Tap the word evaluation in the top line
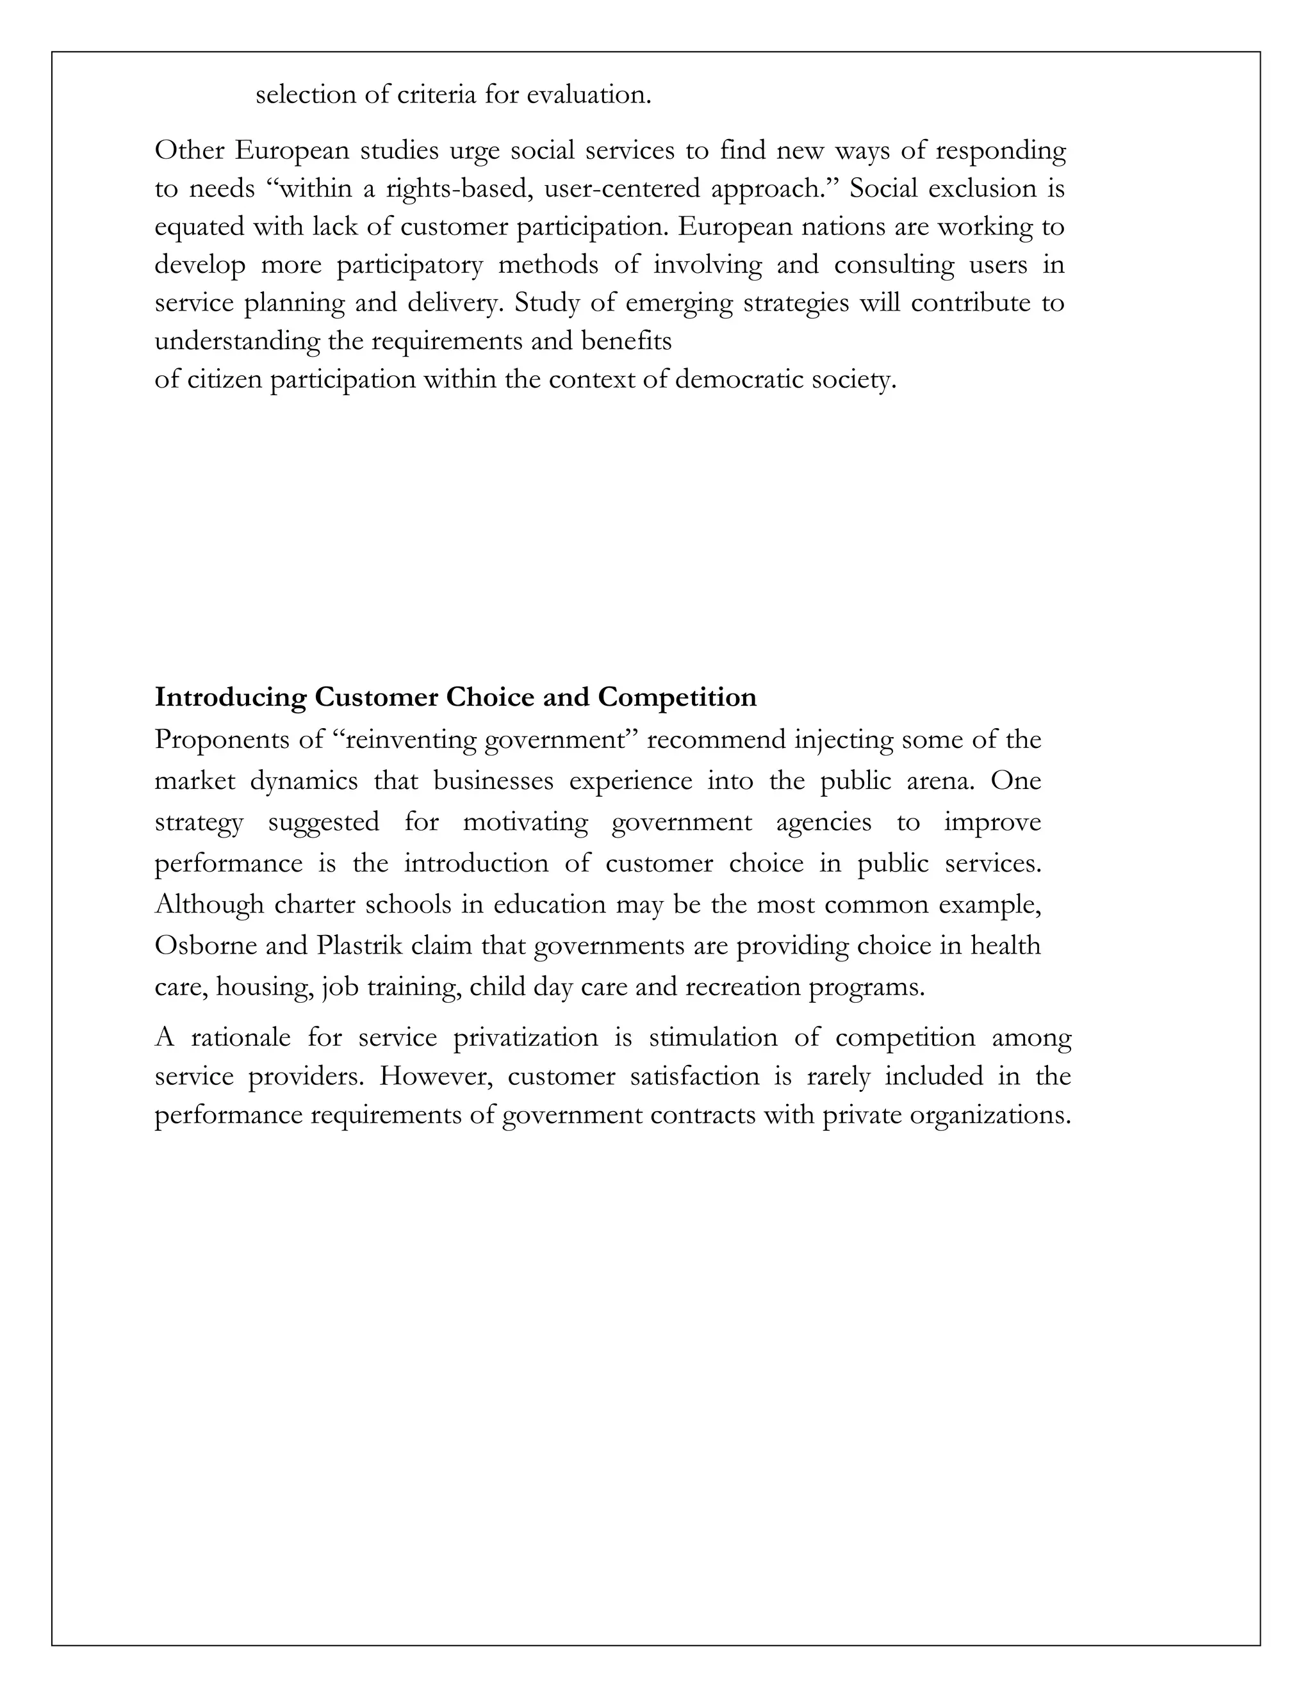588,95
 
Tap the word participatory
409,265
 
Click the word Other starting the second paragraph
189,150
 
